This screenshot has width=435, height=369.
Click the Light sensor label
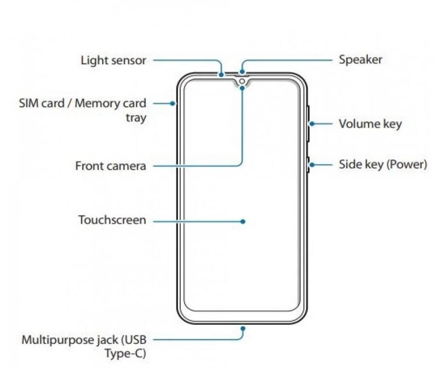pyautogui.click(x=113, y=60)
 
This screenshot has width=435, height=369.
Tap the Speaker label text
pyautogui.click(x=360, y=60)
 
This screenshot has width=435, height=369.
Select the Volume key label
pyautogui.click(x=370, y=123)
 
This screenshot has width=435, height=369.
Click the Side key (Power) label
pyautogui.click(x=383, y=164)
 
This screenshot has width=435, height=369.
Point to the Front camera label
pyautogui.click(x=110, y=166)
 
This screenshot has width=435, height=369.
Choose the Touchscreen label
pyautogui.click(x=112, y=220)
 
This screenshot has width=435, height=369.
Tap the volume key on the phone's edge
pyautogui.click(x=308, y=123)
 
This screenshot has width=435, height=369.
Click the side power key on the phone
pyautogui.click(x=308, y=165)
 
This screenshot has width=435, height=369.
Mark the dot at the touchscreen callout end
pyautogui.click(x=242, y=221)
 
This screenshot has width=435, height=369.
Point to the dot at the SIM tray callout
pyautogui.click(x=173, y=103)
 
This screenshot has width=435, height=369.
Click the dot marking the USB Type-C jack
pyautogui.click(x=242, y=328)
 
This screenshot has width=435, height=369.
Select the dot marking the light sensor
pyautogui.click(x=221, y=75)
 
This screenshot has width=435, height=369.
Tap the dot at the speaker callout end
pyautogui.click(x=242, y=72)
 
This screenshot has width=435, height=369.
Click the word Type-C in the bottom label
pyautogui.click(x=125, y=353)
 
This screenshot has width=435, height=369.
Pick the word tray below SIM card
pyautogui.click(x=136, y=118)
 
